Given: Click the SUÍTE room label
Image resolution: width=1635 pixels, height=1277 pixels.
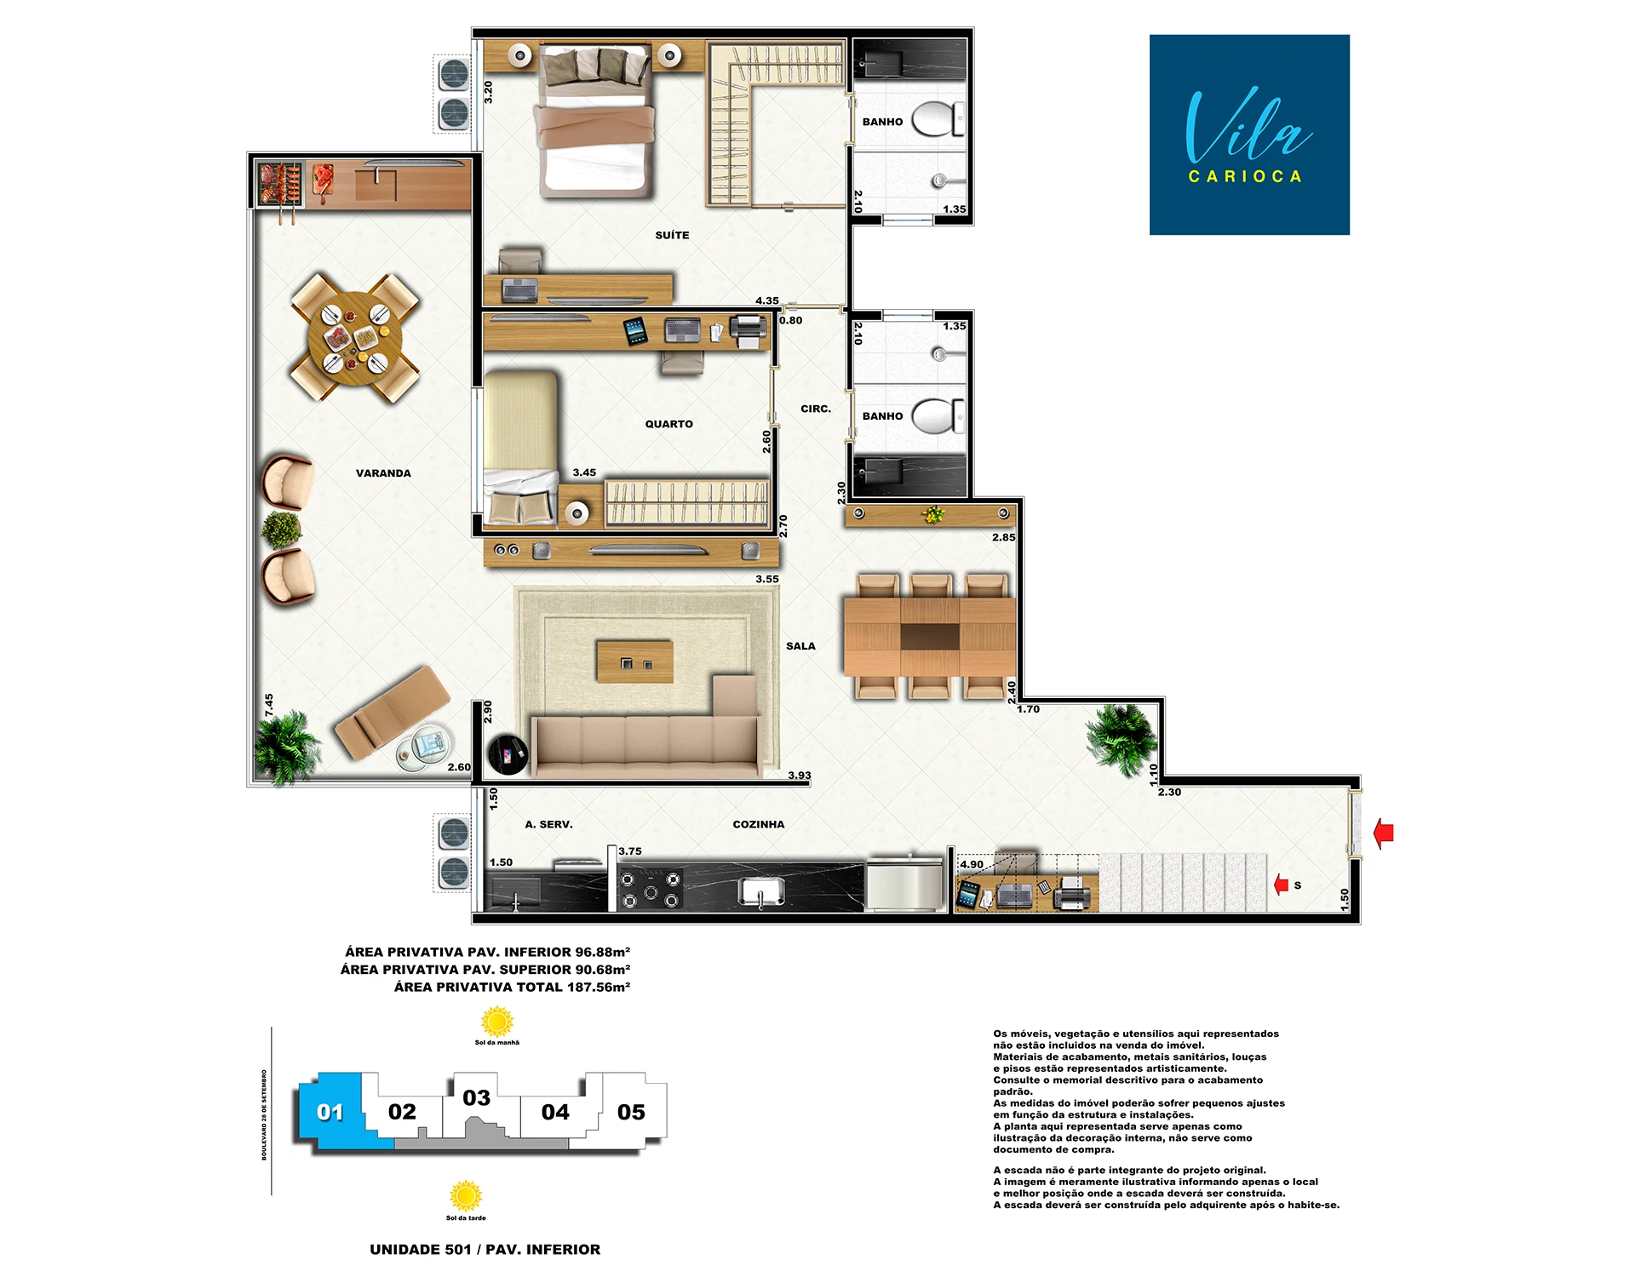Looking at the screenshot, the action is pos(672,235).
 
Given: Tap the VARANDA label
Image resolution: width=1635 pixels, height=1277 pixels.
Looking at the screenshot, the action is pos(383,473).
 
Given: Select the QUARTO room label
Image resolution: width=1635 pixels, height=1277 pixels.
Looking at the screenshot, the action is pos(668,424).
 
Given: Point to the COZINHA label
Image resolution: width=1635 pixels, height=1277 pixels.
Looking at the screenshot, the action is pos(759,824).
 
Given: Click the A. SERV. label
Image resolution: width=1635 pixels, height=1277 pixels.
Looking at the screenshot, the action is pos(548,824).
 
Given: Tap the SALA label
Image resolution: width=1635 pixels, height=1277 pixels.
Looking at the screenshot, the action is pos(800,646).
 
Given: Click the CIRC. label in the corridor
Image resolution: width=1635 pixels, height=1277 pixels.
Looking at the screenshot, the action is pos(816,409).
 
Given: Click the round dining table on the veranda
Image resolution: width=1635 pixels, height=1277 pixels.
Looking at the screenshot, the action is pos(355,338).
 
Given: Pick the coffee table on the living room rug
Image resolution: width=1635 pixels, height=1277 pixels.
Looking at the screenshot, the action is pos(635,662).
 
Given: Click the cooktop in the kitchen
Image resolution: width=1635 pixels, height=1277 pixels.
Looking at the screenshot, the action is pos(651,890).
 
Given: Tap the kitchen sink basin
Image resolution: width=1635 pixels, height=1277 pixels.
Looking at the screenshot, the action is pos(761,892).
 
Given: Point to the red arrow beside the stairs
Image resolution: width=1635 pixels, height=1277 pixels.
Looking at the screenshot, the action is pos(1282,885).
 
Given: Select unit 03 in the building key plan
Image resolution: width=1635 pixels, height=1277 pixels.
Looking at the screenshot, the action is pos(477,1098).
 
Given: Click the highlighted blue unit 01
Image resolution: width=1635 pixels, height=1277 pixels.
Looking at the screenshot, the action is pos(330,1111).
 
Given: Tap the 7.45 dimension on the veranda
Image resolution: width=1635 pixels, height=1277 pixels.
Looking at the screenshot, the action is pos(269,705).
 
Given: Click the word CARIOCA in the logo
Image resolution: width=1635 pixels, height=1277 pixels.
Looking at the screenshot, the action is pos(1245,176).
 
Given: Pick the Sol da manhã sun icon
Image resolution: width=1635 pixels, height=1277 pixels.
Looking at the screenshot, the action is pos(497,1021).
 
